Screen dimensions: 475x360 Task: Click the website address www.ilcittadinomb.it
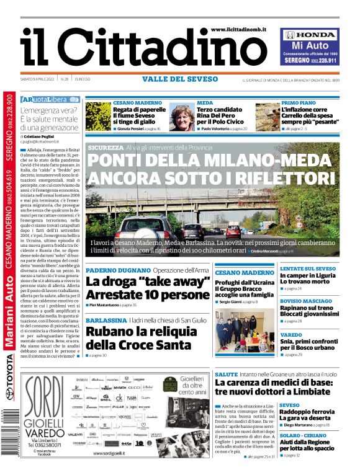coord(238,30)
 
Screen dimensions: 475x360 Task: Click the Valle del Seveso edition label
coord(180,79)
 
